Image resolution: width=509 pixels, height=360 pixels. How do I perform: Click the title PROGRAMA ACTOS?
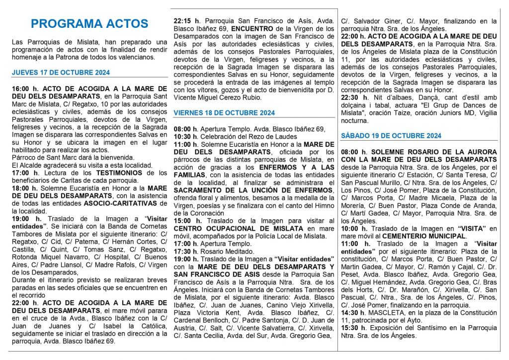tap(89, 23)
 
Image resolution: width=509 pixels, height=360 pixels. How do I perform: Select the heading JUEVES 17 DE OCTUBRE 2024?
tap(61, 73)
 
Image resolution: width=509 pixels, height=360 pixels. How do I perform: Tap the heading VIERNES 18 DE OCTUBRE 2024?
tap(224, 113)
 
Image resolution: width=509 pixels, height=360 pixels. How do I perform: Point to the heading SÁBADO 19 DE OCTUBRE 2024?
tap(391, 136)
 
